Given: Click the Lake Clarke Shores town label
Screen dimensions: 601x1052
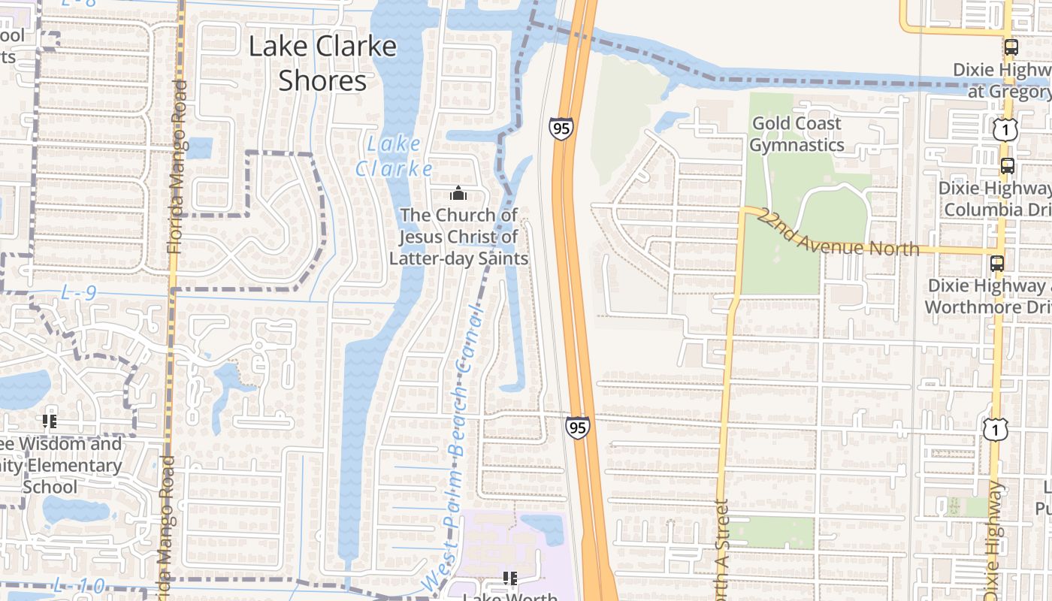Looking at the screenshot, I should pyautogui.click(x=322, y=62).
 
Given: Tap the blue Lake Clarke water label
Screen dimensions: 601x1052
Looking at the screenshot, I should pyautogui.click(x=394, y=156).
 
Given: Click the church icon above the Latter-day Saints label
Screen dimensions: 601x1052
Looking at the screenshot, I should pyautogui.click(x=458, y=193).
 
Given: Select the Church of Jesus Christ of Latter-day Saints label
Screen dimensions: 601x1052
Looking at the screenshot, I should pyautogui.click(x=458, y=237).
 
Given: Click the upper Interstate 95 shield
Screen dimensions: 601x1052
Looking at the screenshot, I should pyautogui.click(x=561, y=128).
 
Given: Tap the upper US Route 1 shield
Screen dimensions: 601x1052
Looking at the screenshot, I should pyautogui.click(x=1005, y=130).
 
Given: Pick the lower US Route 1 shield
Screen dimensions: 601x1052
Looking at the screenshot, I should pyautogui.click(x=995, y=429).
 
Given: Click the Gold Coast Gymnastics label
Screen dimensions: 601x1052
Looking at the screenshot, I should pyautogui.click(x=797, y=134).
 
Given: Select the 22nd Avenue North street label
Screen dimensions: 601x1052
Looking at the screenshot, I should pyautogui.click(x=838, y=234).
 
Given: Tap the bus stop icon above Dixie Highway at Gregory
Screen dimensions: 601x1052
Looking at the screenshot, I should pyautogui.click(x=1011, y=47).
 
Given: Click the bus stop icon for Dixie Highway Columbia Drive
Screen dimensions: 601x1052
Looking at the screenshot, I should pyautogui.click(x=1007, y=165).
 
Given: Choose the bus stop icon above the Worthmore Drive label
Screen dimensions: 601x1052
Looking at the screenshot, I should pyautogui.click(x=997, y=264).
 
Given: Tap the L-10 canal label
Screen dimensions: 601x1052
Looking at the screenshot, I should pyautogui.click(x=79, y=584).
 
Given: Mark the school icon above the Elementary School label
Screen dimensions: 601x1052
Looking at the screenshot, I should pyautogui.click(x=50, y=421).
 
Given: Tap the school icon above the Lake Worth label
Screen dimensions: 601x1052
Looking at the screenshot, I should pyautogui.click(x=510, y=578).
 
